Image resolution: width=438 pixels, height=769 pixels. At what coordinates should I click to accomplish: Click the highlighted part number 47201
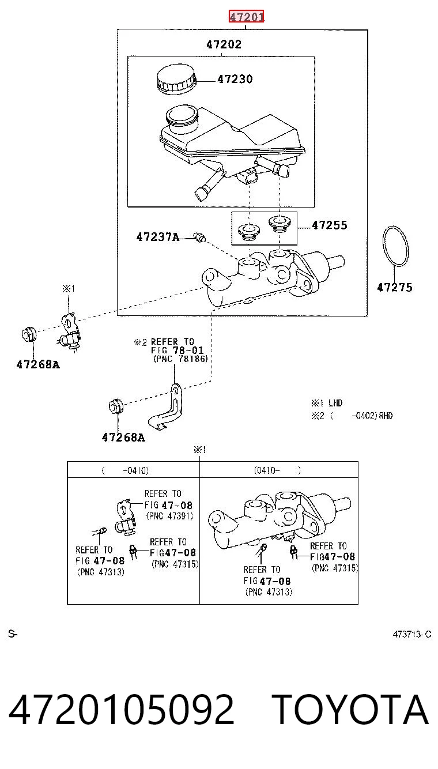247,16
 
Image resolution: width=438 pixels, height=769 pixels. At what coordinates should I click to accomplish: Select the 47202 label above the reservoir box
224,44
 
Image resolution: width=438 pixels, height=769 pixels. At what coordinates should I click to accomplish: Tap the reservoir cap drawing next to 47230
176,80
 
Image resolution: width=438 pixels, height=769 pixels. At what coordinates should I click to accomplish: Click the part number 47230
235,80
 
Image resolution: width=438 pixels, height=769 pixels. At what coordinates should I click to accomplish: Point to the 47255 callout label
330,225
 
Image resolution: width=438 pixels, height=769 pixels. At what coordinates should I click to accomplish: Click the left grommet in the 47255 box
249,232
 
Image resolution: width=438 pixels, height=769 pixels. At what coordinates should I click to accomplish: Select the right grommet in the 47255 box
280,224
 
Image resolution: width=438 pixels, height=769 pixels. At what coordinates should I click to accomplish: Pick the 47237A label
158,237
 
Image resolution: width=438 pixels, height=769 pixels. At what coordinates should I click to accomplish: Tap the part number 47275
395,287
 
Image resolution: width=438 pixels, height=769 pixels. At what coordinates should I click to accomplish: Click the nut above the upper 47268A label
29,334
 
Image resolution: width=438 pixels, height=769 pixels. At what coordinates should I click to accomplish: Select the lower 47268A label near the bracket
123,438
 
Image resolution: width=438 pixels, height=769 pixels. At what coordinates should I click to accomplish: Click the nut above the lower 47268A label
116,406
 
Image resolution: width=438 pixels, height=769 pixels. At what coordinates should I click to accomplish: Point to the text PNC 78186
180,359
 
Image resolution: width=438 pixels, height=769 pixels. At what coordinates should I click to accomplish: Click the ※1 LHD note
327,403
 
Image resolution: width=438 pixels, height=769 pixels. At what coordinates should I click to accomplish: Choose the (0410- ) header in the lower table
277,470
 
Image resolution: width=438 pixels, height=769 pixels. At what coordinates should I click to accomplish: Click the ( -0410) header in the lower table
125,470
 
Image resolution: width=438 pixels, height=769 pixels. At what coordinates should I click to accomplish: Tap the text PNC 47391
169,516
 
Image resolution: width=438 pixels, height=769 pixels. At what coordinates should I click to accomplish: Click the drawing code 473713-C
412,634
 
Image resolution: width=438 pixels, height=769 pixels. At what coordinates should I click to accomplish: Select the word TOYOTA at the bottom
350,709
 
